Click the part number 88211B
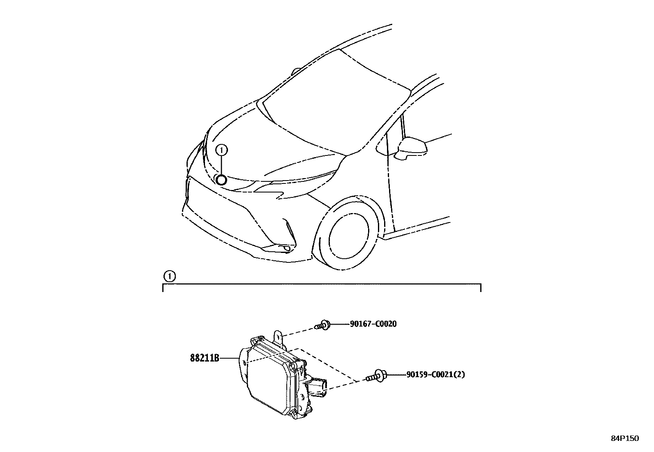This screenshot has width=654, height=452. pyautogui.click(x=204, y=358)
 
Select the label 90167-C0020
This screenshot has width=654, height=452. pyautogui.click(x=373, y=324)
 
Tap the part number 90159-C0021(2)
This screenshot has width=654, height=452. pyautogui.click(x=435, y=375)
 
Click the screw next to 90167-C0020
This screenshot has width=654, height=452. pyautogui.click(x=322, y=325)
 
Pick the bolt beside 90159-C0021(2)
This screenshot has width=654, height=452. pyautogui.click(x=376, y=376)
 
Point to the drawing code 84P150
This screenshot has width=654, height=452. pyautogui.click(x=624, y=438)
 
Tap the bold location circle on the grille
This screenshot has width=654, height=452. pyautogui.click(x=221, y=179)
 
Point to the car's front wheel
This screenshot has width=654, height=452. pyautogui.click(x=349, y=234)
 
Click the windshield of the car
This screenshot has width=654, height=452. pyautogui.click(x=329, y=99)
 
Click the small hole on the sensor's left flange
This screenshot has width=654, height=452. pyautogui.click(x=245, y=363)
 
